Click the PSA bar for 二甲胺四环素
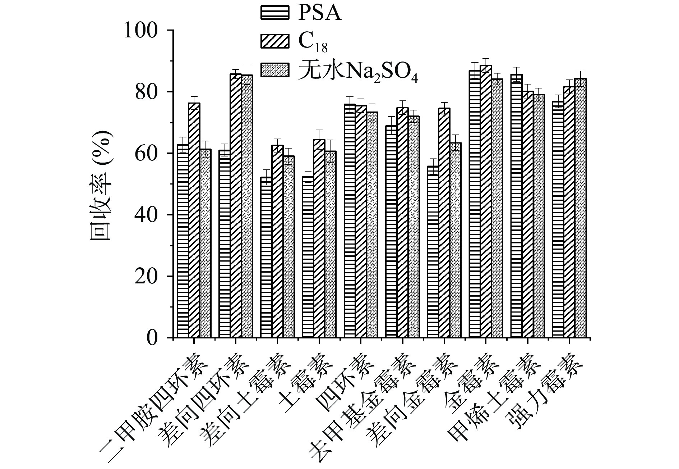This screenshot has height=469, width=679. coord(183,241)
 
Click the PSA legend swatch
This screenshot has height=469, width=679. coord(274,13)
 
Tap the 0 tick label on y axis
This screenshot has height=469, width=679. coord(152,338)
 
